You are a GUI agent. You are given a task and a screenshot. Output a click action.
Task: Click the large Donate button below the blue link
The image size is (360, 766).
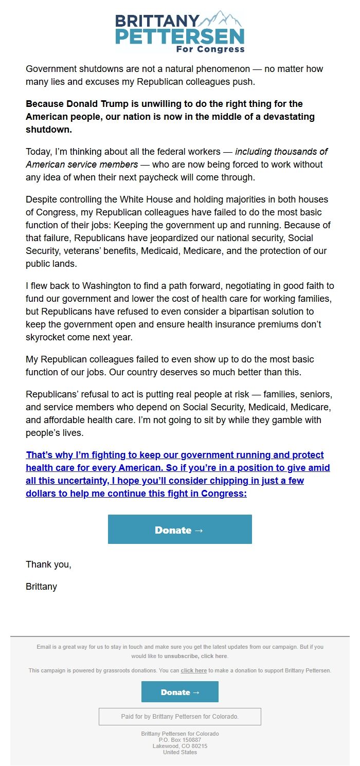coord(179,530)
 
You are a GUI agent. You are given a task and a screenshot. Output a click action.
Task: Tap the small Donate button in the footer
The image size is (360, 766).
coord(179,692)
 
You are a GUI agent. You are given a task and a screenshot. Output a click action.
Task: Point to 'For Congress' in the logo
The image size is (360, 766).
coord(210,49)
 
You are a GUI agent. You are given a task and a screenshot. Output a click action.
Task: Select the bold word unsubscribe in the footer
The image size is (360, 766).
coord(182,656)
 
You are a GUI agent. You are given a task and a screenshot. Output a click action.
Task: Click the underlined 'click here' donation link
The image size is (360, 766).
coord(194,670)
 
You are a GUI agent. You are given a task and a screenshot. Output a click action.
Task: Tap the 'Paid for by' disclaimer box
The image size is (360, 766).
coord(179,716)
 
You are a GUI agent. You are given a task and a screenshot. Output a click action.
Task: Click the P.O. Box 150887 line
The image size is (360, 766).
coord(180,740)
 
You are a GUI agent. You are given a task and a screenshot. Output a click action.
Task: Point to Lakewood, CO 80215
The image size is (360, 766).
coord(180,746)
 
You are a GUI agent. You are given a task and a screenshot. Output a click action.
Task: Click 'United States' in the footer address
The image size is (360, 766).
coord(180,752)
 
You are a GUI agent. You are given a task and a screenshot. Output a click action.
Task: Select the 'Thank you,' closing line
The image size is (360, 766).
coord(48,564)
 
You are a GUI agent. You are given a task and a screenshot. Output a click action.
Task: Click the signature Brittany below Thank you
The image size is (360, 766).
coord(41,587)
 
